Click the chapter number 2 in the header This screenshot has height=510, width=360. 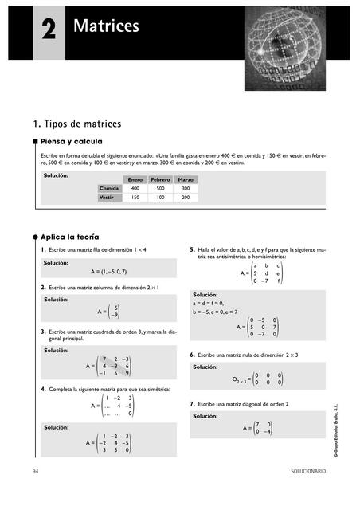(49, 31)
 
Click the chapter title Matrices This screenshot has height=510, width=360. (106, 27)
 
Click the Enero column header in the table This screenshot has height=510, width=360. (135, 179)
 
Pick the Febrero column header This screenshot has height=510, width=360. (161, 179)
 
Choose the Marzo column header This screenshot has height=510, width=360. (186, 179)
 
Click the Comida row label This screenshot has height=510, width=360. (108, 188)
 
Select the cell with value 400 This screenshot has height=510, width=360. (135, 188)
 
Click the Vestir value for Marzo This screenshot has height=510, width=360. (186, 197)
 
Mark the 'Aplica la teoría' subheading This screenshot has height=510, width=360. (73, 237)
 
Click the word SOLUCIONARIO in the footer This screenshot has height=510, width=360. (307, 472)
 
